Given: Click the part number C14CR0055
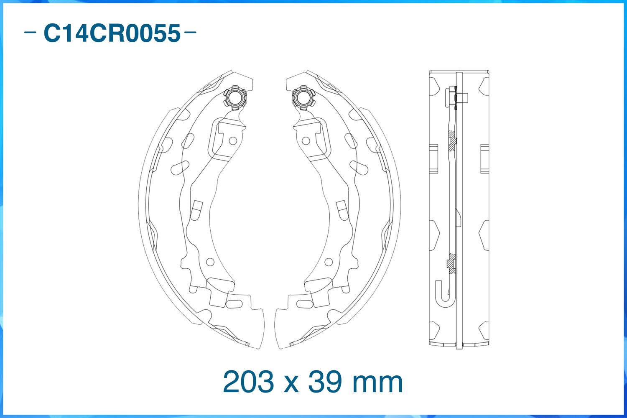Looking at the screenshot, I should (x=112, y=33).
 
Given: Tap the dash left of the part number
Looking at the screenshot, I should (x=30, y=32).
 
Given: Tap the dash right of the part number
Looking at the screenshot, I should (x=190, y=32).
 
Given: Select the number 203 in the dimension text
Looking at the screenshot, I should (x=249, y=382).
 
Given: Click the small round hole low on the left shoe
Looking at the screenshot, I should (x=210, y=262).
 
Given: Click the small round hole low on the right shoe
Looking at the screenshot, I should (x=329, y=262).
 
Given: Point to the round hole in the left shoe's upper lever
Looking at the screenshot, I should (x=233, y=141).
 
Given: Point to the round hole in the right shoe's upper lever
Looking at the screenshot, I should (x=306, y=141).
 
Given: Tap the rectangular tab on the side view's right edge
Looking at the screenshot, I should (x=484, y=158).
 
